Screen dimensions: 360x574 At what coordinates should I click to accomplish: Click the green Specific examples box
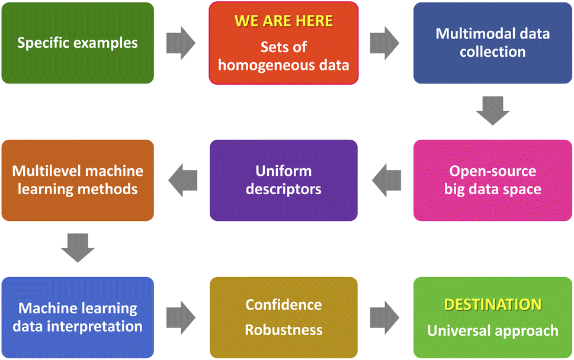point(78,43)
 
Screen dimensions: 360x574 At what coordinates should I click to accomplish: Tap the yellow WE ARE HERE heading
point(284,22)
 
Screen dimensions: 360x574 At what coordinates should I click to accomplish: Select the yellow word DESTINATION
point(493,304)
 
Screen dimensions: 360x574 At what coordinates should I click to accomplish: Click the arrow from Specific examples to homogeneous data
point(181,43)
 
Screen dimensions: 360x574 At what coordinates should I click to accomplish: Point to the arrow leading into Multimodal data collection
point(385,43)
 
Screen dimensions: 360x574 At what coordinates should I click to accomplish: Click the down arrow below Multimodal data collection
point(492,111)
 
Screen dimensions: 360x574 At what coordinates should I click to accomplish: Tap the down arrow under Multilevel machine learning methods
point(78,248)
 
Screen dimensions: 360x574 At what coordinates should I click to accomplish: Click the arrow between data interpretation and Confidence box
point(181,318)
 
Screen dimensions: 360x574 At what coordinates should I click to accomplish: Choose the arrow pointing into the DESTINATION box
point(385,318)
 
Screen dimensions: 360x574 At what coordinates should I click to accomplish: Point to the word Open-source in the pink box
point(492,171)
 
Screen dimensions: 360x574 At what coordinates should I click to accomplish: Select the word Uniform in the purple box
point(284,171)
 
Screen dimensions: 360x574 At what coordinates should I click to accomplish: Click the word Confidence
point(284,305)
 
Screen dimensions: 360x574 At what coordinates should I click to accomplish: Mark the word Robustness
point(284,330)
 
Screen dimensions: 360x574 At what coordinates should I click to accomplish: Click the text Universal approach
point(493,330)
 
